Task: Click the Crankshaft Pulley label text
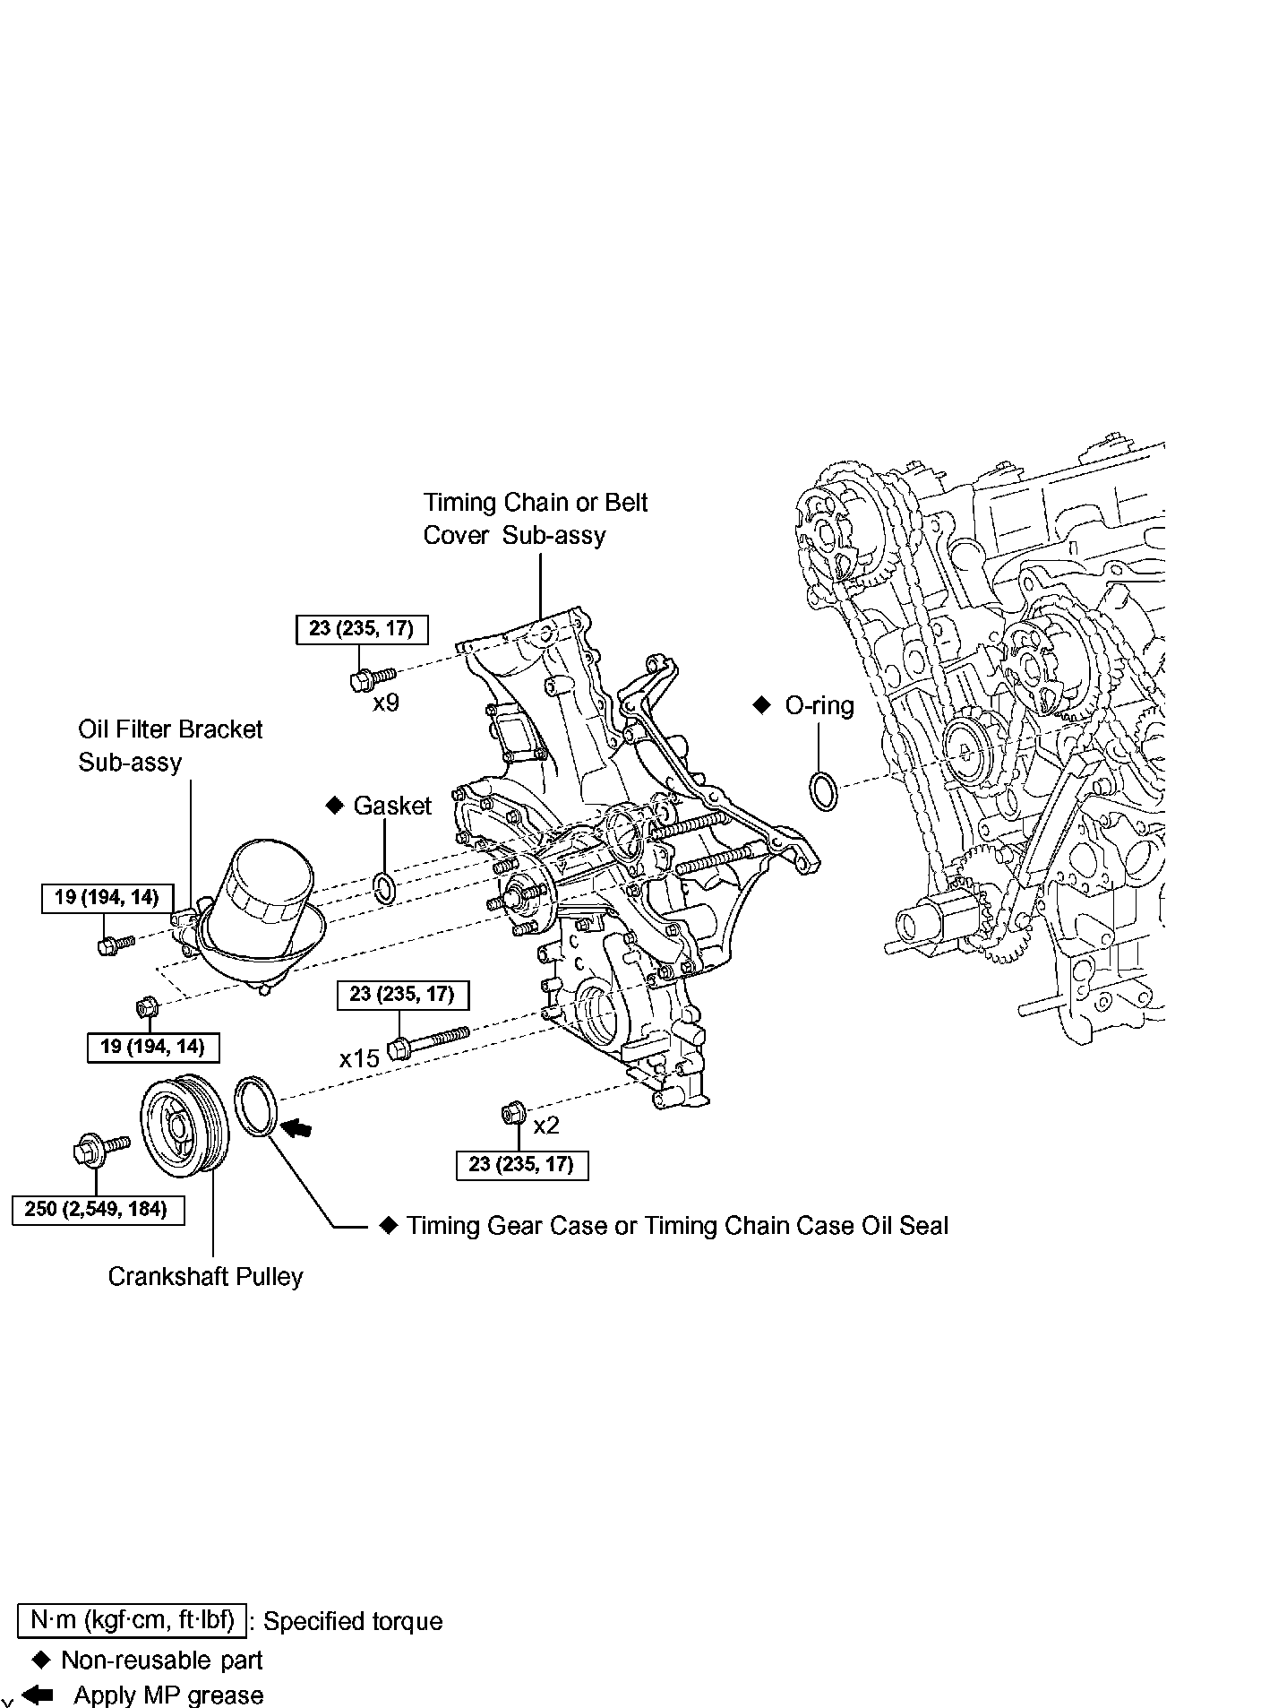point(205,1276)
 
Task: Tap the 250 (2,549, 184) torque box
point(97,1209)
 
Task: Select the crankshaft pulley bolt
point(101,1147)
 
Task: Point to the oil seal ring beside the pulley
point(258,1108)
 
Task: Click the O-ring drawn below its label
point(823,790)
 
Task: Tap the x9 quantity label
point(386,702)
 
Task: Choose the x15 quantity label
point(359,1058)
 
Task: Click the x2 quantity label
point(546,1125)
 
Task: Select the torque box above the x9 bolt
point(362,629)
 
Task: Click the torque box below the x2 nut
point(521,1165)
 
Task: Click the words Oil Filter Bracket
point(170,729)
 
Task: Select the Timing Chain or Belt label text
point(536,503)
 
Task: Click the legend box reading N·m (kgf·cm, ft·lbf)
point(132,1620)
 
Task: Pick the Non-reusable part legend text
point(161,1660)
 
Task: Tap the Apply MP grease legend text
point(168,1695)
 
